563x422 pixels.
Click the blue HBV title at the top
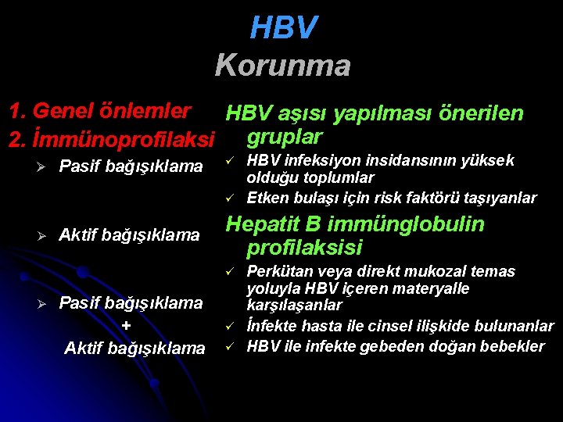click(x=283, y=28)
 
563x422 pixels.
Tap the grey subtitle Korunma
click(x=282, y=65)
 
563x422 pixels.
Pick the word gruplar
click(x=284, y=137)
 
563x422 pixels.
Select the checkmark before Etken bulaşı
click(x=231, y=197)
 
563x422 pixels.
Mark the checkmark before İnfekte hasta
click(x=231, y=325)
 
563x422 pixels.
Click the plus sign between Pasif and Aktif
click(x=127, y=325)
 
